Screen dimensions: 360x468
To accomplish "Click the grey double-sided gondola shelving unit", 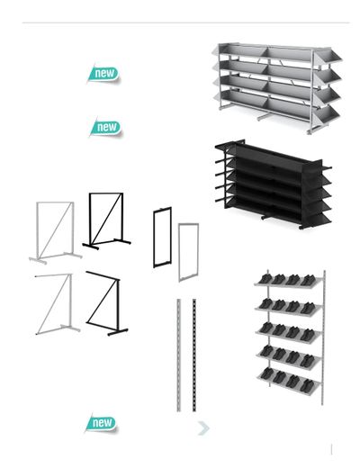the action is (276, 88).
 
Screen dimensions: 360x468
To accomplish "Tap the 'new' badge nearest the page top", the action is (103, 74).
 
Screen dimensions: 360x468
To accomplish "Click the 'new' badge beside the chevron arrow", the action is (102, 423).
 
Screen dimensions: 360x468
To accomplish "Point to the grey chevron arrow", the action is (204, 428).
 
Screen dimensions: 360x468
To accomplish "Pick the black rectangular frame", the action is (162, 237).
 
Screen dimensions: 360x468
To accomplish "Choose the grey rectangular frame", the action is (188, 252).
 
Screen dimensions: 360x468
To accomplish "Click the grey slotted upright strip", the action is (179, 355).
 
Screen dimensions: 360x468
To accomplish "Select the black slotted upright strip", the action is (194, 355).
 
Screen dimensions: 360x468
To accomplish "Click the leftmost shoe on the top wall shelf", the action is (265, 279).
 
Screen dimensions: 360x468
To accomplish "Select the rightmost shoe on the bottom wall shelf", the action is (307, 386).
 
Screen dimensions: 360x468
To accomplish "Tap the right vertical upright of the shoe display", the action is (324, 337).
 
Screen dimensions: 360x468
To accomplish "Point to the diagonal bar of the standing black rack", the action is (107, 219).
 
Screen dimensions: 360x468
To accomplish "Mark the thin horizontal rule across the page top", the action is (185, 22).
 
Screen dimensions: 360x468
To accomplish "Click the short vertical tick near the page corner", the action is (331, 449).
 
